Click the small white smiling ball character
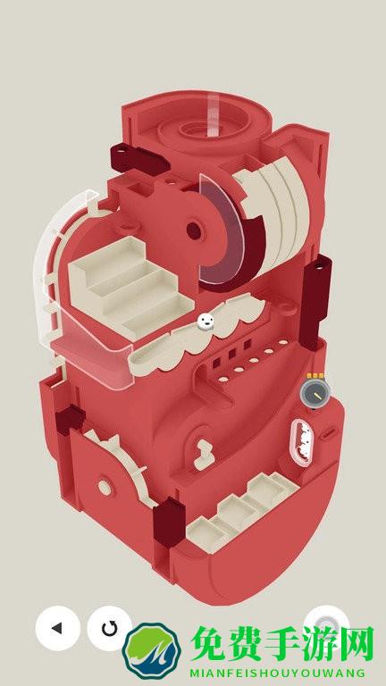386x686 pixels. tap(206, 322)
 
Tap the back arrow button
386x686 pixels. tap(58, 628)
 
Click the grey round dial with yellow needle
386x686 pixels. tap(315, 394)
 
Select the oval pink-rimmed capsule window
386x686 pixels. tap(300, 442)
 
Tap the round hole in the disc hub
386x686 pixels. tap(194, 230)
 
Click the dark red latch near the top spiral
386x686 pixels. tap(139, 159)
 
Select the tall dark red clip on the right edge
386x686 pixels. tap(315, 302)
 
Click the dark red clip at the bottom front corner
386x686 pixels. tap(169, 522)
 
